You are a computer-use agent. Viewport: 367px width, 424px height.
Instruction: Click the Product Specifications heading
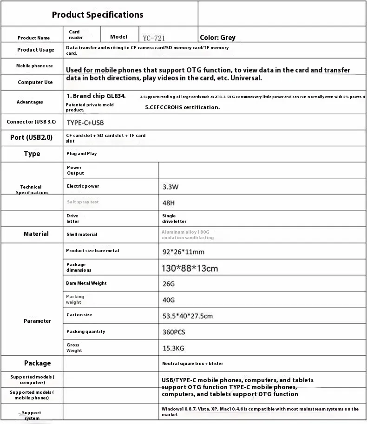(98, 15)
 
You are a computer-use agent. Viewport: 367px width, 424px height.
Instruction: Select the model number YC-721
(154, 38)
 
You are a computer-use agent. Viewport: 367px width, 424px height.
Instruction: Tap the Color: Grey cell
(217, 38)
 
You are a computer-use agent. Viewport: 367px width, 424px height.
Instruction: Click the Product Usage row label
(36, 50)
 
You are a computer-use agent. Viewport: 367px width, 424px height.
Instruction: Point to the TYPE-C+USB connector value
(85, 123)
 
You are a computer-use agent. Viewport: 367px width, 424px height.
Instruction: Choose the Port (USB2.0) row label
(32, 137)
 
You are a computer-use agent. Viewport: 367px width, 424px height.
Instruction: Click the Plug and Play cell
(82, 153)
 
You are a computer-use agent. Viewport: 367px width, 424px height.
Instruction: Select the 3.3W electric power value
(170, 187)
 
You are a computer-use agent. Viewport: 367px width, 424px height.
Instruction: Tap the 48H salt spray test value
(169, 203)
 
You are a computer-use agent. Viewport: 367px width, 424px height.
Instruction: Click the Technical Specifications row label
(32, 189)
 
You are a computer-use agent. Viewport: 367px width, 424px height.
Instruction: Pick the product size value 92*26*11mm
(183, 252)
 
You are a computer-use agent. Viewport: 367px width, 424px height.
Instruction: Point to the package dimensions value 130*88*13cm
(190, 268)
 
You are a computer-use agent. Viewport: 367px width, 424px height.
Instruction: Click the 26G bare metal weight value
(168, 283)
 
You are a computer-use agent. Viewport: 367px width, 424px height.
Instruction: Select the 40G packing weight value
(168, 300)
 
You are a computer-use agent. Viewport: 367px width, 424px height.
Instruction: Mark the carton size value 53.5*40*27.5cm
(187, 316)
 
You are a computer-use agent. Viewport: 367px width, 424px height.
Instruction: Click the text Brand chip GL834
(96, 96)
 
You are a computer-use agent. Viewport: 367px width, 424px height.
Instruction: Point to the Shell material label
(82, 235)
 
